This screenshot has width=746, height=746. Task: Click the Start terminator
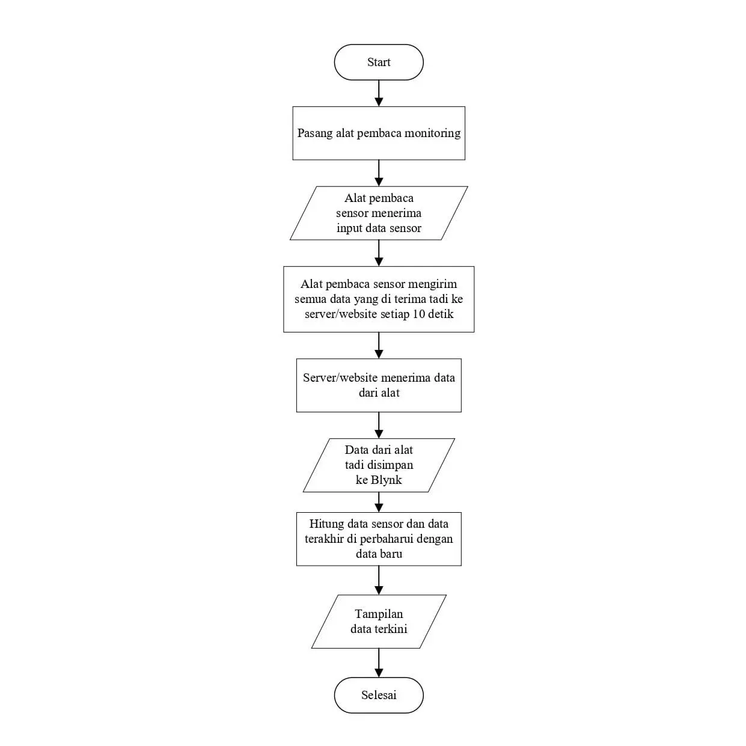[x=379, y=63]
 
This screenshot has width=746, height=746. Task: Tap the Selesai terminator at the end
[x=379, y=695]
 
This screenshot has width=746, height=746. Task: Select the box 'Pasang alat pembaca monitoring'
[x=379, y=133]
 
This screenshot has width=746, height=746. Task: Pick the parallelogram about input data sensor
[x=379, y=213]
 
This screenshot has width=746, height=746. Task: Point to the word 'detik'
[x=441, y=314]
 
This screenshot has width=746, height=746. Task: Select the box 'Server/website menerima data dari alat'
[x=379, y=385]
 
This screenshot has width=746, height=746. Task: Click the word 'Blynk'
[x=387, y=480]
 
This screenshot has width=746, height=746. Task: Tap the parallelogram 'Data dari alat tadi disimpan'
[x=379, y=465]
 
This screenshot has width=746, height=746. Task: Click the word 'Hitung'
[x=326, y=524]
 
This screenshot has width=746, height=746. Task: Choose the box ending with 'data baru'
[x=379, y=539]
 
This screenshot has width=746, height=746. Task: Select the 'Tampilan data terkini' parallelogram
[x=379, y=622]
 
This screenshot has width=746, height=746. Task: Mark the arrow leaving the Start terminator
[x=379, y=93]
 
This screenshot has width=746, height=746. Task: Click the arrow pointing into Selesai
[x=379, y=663]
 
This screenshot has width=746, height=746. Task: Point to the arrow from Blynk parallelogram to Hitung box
[x=379, y=502]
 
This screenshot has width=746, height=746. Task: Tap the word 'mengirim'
[x=432, y=284]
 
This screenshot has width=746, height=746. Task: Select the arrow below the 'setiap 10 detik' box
[x=379, y=345]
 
